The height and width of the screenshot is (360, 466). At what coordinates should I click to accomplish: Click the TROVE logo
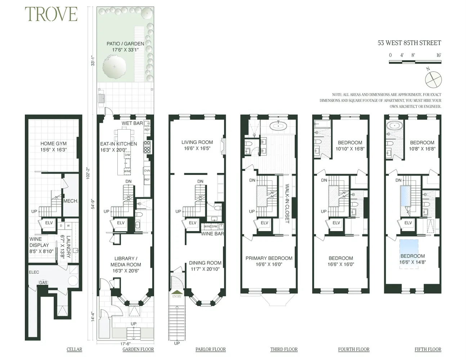[51, 14]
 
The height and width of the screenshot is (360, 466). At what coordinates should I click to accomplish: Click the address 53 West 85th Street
[409, 43]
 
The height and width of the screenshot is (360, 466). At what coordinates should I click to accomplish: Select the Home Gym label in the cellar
[53, 147]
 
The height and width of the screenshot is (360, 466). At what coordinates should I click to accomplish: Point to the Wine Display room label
[40, 245]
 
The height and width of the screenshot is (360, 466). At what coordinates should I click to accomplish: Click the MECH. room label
[71, 201]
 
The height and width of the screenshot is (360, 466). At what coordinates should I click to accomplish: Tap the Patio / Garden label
[125, 47]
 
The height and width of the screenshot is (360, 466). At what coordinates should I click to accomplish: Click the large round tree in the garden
[114, 67]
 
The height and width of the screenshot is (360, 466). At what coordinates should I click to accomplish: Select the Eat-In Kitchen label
[118, 147]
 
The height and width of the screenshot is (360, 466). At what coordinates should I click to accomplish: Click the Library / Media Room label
[126, 265]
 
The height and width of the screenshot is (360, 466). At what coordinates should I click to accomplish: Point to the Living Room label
[197, 145]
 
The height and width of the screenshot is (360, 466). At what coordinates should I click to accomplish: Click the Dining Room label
[205, 266]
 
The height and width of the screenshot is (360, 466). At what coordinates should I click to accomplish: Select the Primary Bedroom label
[269, 261]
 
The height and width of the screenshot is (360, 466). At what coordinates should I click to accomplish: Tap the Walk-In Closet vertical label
[287, 204]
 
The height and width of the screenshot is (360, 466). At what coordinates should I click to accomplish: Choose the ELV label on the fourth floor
[336, 223]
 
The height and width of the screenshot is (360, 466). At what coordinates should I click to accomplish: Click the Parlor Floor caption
[210, 349]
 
